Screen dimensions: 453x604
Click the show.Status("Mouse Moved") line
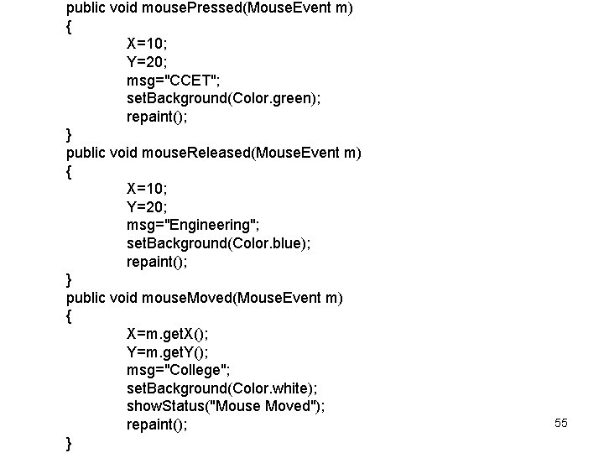[226, 406]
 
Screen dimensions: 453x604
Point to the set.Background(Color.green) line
[223, 98]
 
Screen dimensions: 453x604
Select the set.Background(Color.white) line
[221, 388]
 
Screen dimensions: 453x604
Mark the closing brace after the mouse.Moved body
[68, 442]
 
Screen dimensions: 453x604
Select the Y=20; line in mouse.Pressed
[147, 61]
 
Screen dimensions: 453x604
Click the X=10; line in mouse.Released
[147, 189]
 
